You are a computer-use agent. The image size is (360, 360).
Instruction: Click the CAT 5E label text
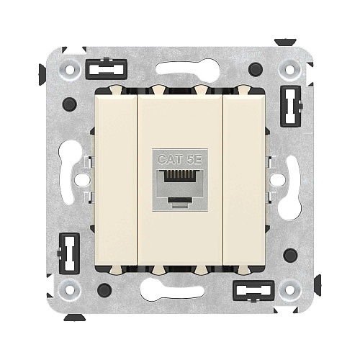click(180, 160)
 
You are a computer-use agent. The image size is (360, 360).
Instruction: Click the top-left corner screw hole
click(70, 70)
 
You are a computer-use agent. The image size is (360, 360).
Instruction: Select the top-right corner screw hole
click(289, 70)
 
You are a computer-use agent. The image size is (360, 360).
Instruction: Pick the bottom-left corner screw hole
click(69, 289)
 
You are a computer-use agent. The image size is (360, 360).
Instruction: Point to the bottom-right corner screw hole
click(289, 289)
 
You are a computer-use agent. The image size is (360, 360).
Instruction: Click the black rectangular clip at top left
click(106, 69)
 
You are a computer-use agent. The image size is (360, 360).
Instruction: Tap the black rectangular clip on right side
click(292, 106)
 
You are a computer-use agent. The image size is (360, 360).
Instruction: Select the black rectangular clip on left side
click(68, 253)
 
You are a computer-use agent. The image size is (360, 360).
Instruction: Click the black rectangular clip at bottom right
click(253, 291)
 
